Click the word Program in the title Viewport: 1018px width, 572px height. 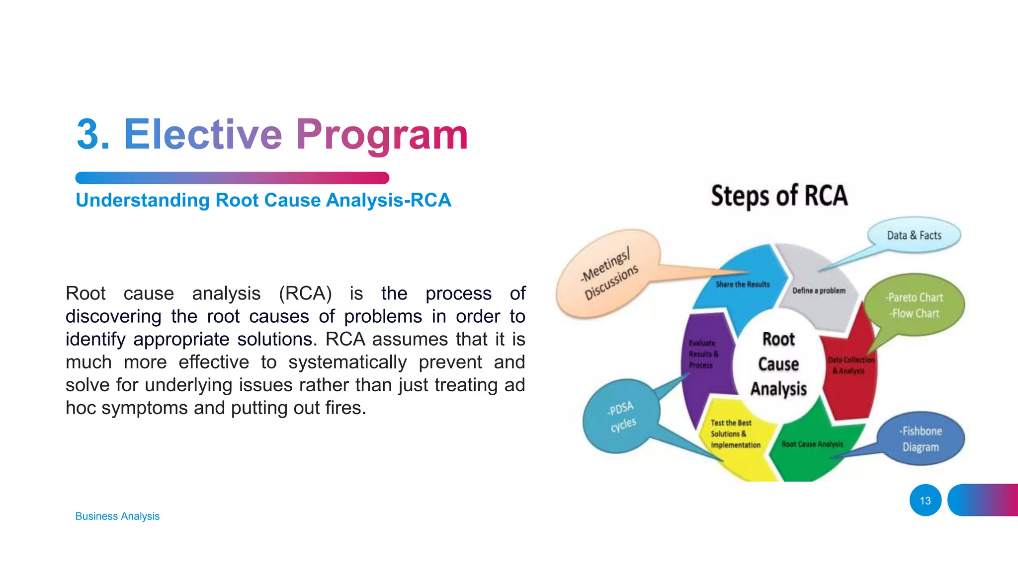coord(382,135)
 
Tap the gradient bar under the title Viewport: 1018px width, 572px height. coord(232,178)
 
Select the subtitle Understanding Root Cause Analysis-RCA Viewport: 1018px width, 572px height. coord(263,200)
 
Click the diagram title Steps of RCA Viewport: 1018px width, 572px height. coord(779,196)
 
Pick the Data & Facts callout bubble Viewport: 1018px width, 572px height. coord(914,235)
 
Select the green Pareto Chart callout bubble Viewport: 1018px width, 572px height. coord(915,305)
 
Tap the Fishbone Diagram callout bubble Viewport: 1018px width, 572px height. coord(921,439)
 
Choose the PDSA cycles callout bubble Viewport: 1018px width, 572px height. coord(621,416)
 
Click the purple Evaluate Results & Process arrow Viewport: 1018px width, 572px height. coord(703,354)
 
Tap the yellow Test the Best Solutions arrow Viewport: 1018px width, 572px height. coord(735,434)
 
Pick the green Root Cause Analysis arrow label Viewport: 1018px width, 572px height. coord(812,444)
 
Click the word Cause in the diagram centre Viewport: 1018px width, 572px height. coord(778,364)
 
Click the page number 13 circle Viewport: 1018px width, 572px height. coord(925,500)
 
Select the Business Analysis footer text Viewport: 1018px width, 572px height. coord(117,516)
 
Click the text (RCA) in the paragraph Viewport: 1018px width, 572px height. coord(305,293)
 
